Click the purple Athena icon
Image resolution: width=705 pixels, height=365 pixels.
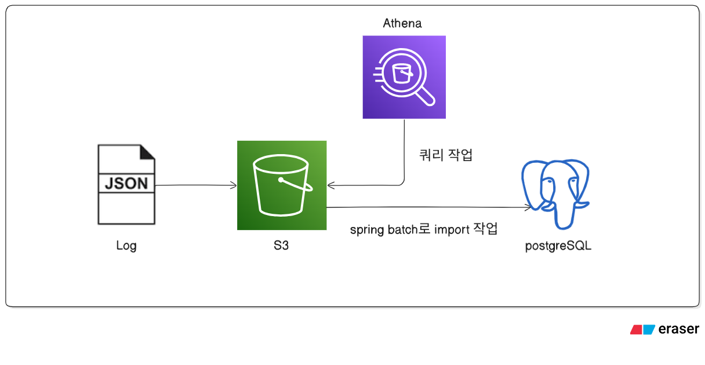click(404, 77)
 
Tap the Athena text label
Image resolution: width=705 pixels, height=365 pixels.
click(402, 24)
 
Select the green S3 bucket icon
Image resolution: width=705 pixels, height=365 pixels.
click(282, 185)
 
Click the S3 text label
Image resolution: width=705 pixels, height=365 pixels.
click(281, 245)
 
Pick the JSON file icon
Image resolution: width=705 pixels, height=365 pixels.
click(126, 185)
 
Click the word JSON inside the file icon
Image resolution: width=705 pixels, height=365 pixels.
click(126, 184)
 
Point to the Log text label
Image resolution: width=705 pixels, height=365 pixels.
click(126, 245)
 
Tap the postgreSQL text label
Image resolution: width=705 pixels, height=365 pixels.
click(558, 246)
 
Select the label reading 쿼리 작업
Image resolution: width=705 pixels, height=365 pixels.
click(446, 155)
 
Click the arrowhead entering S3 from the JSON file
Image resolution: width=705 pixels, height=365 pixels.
click(234, 185)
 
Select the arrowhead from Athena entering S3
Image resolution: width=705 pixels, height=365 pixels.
click(330, 185)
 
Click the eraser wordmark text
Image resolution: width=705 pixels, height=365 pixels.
click(679, 329)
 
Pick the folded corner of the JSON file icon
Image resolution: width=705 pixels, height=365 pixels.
click(147, 152)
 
